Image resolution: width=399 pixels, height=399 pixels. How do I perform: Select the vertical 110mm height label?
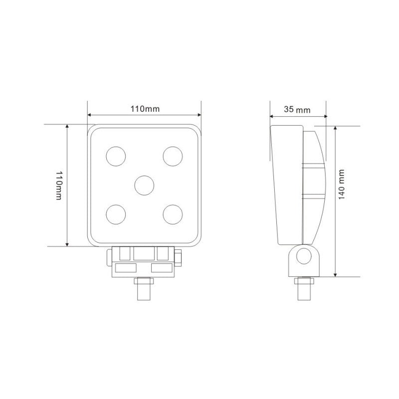(x=59, y=186)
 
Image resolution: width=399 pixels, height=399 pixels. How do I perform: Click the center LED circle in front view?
(x=144, y=185)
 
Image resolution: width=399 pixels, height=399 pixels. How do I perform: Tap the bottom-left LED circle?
(x=116, y=214)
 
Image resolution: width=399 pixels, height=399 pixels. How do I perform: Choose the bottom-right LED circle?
(x=173, y=214)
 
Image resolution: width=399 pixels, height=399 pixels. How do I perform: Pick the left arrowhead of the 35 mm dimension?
(x=272, y=116)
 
